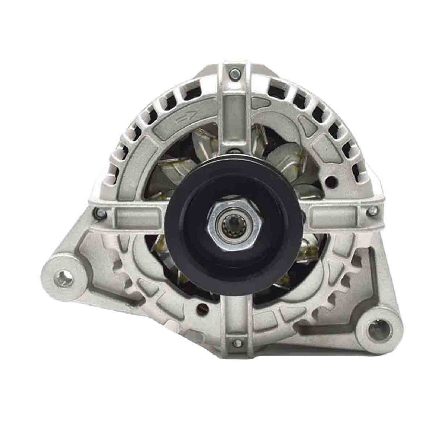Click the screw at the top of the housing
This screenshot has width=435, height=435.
click(x=233, y=73)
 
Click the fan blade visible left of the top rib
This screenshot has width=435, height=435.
click(x=201, y=141)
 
